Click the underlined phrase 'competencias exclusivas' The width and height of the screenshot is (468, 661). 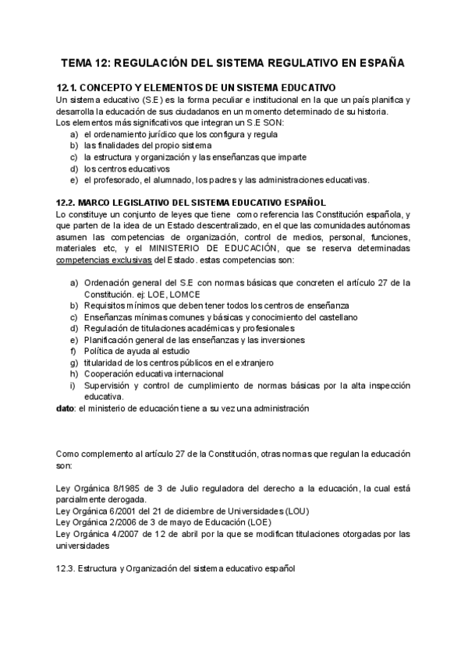pos(105,260)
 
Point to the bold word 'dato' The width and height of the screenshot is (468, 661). pos(66,408)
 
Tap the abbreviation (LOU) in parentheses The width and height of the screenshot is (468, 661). pos(293,511)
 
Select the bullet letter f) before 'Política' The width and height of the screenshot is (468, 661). pos(73,351)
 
